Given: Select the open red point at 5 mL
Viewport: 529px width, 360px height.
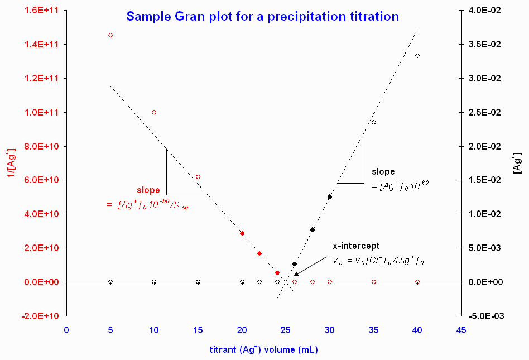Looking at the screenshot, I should pyautogui.click(x=110, y=35).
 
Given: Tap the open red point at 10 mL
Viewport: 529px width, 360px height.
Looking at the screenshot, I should pyautogui.click(x=154, y=112).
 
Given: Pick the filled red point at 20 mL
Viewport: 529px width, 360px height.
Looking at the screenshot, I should pyautogui.click(x=242, y=233).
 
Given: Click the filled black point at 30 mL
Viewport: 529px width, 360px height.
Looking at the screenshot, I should pyautogui.click(x=330, y=196).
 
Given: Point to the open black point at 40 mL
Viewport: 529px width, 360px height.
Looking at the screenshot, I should pyautogui.click(x=417, y=56).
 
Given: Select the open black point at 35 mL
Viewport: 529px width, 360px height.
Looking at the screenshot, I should pyautogui.click(x=374, y=122).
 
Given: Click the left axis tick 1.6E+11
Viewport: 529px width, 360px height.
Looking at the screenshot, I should pyautogui.click(x=42, y=11).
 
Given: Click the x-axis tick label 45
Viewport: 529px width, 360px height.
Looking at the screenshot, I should pyautogui.click(x=461, y=330).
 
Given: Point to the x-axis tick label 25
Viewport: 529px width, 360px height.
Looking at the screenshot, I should pyautogui.click(x=286, y=330).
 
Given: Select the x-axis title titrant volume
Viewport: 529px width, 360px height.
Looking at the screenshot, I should pyautogui.click(x=263, y=351).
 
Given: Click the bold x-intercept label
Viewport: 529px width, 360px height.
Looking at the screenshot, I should pyautogui.click(x=356, y=246).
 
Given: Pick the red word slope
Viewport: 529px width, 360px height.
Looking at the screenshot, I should pyautogui.click(x=148, y=190).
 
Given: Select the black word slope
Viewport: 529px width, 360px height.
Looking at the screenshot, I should pyautogui.click(x=383, y=171).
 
